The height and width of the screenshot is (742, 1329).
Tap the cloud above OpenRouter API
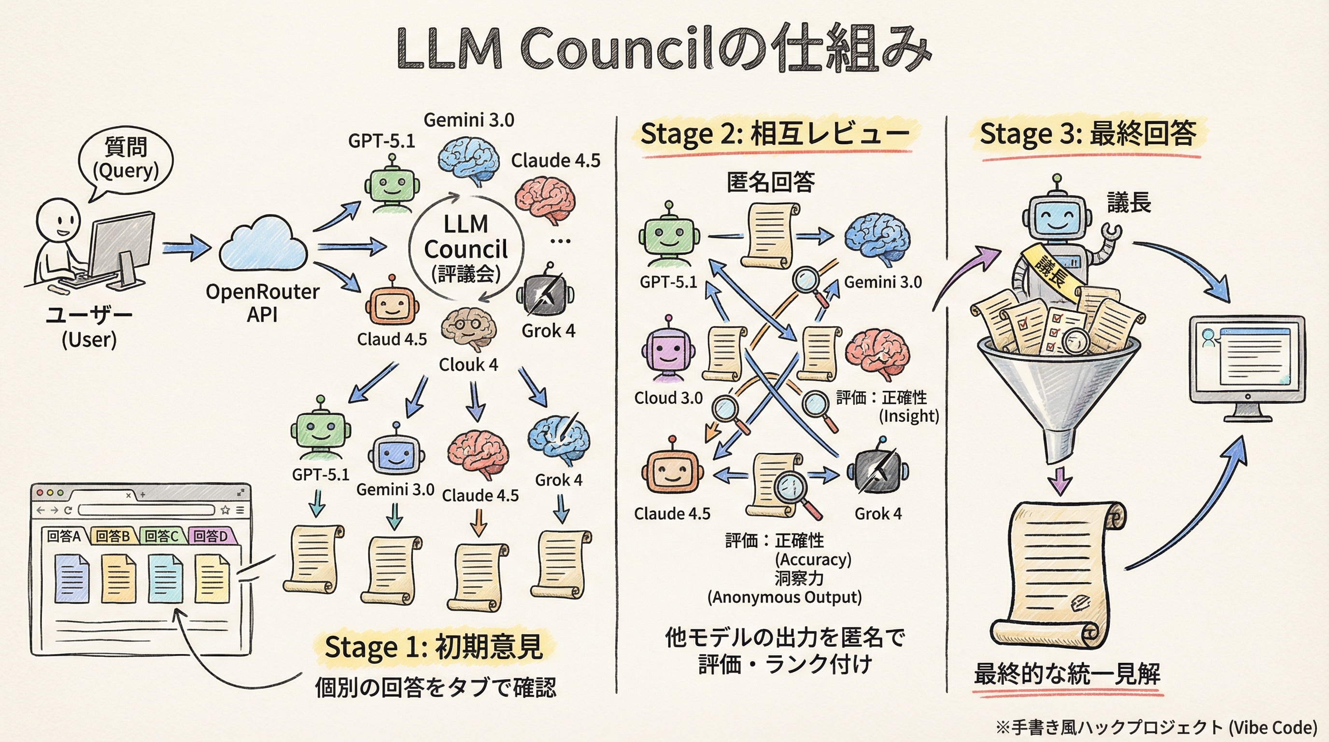263,244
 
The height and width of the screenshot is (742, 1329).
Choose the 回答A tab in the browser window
63,536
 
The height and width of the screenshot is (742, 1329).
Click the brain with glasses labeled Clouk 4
468,328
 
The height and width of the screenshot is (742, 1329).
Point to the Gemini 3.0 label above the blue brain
468,120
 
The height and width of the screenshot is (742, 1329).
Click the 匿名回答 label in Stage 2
770,182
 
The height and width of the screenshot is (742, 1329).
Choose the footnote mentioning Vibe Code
1156,728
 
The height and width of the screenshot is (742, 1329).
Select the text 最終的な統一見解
1067,673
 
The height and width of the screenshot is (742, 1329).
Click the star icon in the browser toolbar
225,510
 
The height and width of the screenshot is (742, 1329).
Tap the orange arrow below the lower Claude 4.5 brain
479,523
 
